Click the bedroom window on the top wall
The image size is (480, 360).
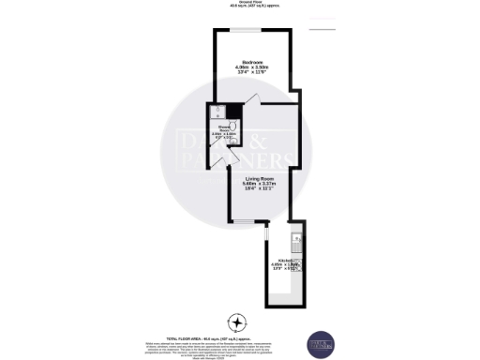[x=248, y=30]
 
